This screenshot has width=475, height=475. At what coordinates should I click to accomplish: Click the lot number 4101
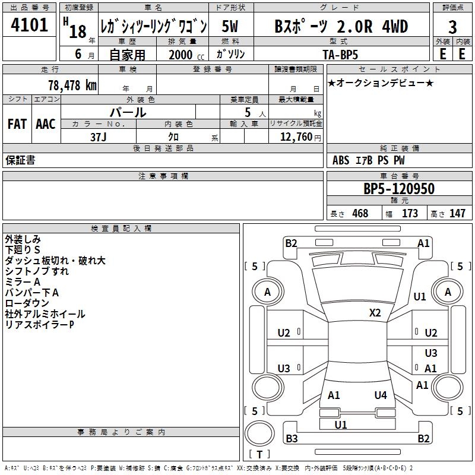click(x=29, y=25)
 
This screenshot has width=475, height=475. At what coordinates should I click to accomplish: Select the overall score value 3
click(x=452, y=27)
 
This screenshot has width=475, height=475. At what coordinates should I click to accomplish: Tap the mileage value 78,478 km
click(x=72, y=85)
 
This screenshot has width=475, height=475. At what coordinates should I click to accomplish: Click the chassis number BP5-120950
click(x=399, y=189)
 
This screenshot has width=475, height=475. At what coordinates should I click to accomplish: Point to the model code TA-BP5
click(x=340, y=55)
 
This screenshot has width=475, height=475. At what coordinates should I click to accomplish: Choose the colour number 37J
click(x=98, y=137)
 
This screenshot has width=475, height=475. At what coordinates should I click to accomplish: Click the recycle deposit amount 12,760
click(x=296, y=137)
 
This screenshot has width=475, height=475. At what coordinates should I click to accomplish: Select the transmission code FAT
click(x=17, y=124)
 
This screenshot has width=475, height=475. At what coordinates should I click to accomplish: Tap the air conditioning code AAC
click(x=46, y=124)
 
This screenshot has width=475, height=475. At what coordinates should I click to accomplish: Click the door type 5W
click(x=230, y=26)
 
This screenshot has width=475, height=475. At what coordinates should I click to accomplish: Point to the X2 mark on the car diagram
click(x=375, y=313)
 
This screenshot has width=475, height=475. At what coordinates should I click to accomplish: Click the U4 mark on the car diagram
click(x=381, y=395)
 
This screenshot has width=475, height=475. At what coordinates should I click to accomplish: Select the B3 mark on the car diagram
click(x=292, y=438)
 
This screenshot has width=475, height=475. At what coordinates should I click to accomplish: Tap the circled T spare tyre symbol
click(x=259, y=433)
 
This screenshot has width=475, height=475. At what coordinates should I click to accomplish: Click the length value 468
click(x=360, y=213)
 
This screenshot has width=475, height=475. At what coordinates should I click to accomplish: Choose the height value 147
click(x=457, y=213)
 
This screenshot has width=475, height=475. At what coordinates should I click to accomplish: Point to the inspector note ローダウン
click(x=27, y=303)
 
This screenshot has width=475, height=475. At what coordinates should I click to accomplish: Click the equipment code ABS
click(x=341, y=160)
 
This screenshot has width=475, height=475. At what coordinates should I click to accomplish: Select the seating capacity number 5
click(x=248, y=112)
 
